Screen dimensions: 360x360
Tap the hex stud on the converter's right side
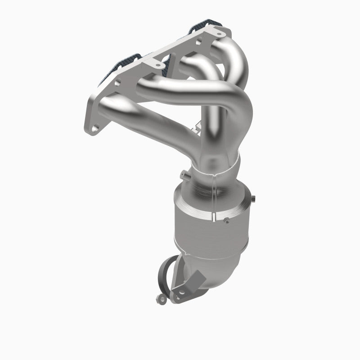click(x=254, y=199)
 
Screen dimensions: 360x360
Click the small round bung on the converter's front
click(x=226, y=219)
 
